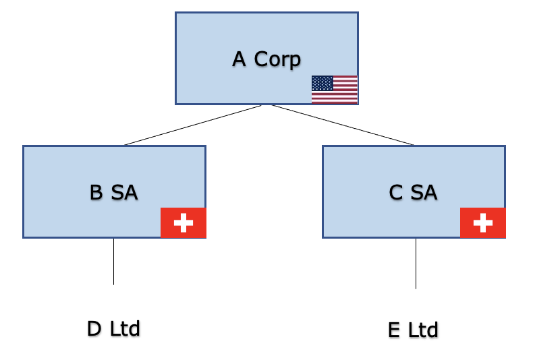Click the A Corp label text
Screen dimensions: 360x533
tap(266, 59)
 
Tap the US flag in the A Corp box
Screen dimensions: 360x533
tap(334, 90)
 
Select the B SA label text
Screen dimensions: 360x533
tap(113, 193)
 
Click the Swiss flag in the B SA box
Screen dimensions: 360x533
tap(183, 223)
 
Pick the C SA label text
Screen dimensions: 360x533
tap(413, 193)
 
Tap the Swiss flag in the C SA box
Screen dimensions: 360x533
tap(482, 223)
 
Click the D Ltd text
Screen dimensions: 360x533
tap(113, 329)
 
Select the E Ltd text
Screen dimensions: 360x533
tap(413, 330)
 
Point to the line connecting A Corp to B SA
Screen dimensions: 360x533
tap(193, 125)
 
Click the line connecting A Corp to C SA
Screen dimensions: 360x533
tap(343, 125)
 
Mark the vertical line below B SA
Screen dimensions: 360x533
tap(113, 262)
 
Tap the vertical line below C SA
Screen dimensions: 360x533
tap(416, 264)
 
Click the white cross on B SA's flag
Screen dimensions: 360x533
tap(183, 223)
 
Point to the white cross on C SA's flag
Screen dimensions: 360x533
tap(482, 223)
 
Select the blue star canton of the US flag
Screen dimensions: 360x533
tap(322, 83)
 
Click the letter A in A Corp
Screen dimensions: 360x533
tap(239, 59)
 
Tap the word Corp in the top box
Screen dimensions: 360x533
tap(277, 60)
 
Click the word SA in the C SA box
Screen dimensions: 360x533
tap(424, 193)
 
